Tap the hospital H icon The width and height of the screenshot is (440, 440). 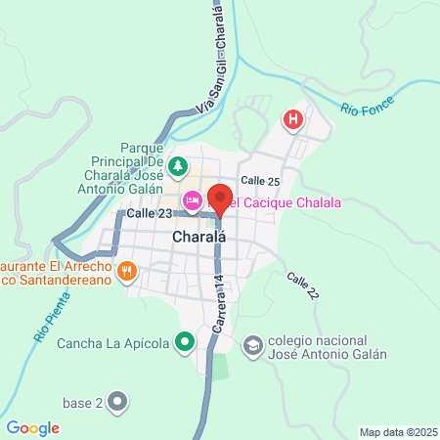click(291, 120)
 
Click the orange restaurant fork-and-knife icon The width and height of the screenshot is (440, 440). click(126, 271)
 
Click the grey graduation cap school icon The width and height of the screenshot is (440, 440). click(252, 346)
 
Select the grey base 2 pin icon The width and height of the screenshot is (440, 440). click(118, 402)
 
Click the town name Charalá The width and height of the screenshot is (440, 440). click(172, 237)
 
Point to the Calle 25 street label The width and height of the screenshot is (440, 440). click(260, 181)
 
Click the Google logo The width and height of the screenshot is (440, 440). click(32, 428)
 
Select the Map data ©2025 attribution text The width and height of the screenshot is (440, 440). click(396, 432)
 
